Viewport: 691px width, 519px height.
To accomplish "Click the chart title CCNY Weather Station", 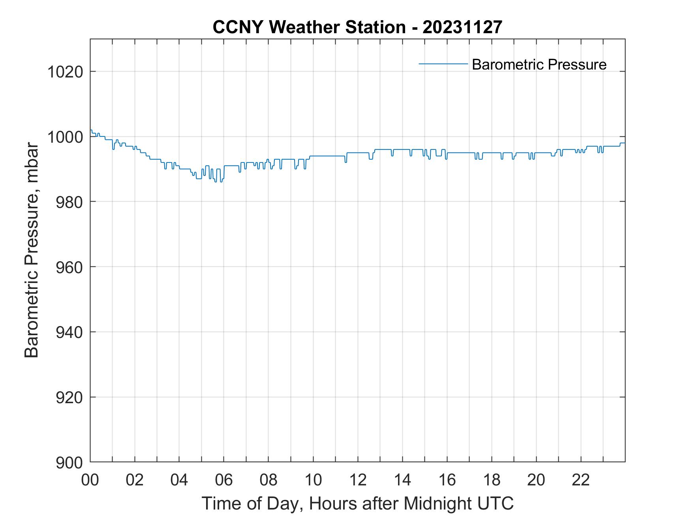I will [309, 27].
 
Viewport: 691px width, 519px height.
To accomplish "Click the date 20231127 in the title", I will [462, 27].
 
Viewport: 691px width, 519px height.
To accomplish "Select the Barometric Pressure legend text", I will [539, 64].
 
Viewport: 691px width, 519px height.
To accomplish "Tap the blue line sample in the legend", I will [443, 64].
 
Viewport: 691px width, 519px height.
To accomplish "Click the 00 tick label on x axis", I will [90, 480].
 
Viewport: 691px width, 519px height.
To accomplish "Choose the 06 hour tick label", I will [224, 480].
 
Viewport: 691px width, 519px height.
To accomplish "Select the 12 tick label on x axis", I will [358, 480].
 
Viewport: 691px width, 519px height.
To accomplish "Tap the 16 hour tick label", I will [447, 480].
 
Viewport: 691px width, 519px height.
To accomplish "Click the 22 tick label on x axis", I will [581, 480].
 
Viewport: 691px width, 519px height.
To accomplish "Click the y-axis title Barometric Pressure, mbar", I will [32, 250].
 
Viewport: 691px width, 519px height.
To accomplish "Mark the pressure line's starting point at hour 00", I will [91, 130].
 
